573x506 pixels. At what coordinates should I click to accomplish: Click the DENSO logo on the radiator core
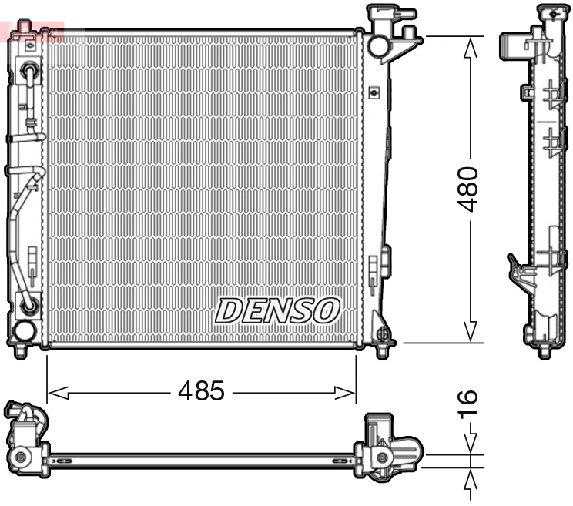coord(277,310)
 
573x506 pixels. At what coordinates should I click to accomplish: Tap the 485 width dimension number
coord(201,392)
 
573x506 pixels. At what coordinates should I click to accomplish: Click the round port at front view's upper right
coord(378,45)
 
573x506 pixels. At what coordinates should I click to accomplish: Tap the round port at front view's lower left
coord(25,332)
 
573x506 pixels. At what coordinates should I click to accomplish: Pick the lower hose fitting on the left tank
coord(30,306)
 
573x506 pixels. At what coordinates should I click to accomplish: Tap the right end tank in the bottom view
coord(389,447)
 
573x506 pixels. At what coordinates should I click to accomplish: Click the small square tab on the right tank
coord(375,92)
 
